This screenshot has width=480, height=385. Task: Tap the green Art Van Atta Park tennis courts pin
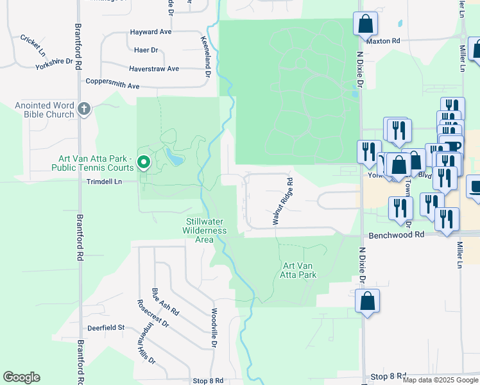144,163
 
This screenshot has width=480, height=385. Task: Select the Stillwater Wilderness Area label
204,230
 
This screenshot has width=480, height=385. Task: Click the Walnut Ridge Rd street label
282,201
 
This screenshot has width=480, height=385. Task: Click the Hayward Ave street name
151,31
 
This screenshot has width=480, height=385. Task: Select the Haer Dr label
146,50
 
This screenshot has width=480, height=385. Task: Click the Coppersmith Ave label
113,85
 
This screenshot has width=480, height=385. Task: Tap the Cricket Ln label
33,44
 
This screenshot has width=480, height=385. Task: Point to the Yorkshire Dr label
55,63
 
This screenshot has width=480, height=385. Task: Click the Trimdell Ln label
104,182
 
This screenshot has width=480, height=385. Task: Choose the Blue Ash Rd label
165,304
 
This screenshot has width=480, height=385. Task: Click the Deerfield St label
106,328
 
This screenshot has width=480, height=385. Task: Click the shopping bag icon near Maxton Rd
365,24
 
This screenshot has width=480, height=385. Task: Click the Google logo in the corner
21,377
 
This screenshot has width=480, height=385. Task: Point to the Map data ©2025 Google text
440,380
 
